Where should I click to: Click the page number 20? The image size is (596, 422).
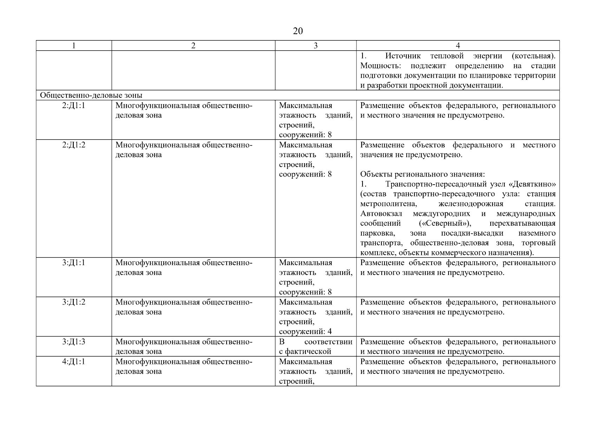coord(297,31)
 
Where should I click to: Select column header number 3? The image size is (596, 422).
coord(315,46)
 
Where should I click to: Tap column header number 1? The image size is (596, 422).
coord(74,46)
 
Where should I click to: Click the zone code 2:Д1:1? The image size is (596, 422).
coord(74,105)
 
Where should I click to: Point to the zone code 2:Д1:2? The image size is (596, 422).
coord(74,145)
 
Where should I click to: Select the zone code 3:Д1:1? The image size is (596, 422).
coord(74,263)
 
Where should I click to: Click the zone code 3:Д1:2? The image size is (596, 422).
coord(74,302)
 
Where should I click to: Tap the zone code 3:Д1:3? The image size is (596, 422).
coord(74,342)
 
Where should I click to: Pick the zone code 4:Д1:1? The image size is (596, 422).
coord(74,362)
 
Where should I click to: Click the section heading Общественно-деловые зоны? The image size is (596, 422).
coord(91,95)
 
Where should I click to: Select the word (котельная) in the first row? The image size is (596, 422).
coord(533,56)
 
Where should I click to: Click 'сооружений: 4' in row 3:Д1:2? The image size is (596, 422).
coord(305,331)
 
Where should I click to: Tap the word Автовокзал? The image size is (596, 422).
coord(381,213)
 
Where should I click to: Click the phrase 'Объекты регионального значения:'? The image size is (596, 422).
coord(423,174)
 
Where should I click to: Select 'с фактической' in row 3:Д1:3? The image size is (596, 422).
coord(305,351)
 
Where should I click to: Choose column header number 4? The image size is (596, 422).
coord(458,46)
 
